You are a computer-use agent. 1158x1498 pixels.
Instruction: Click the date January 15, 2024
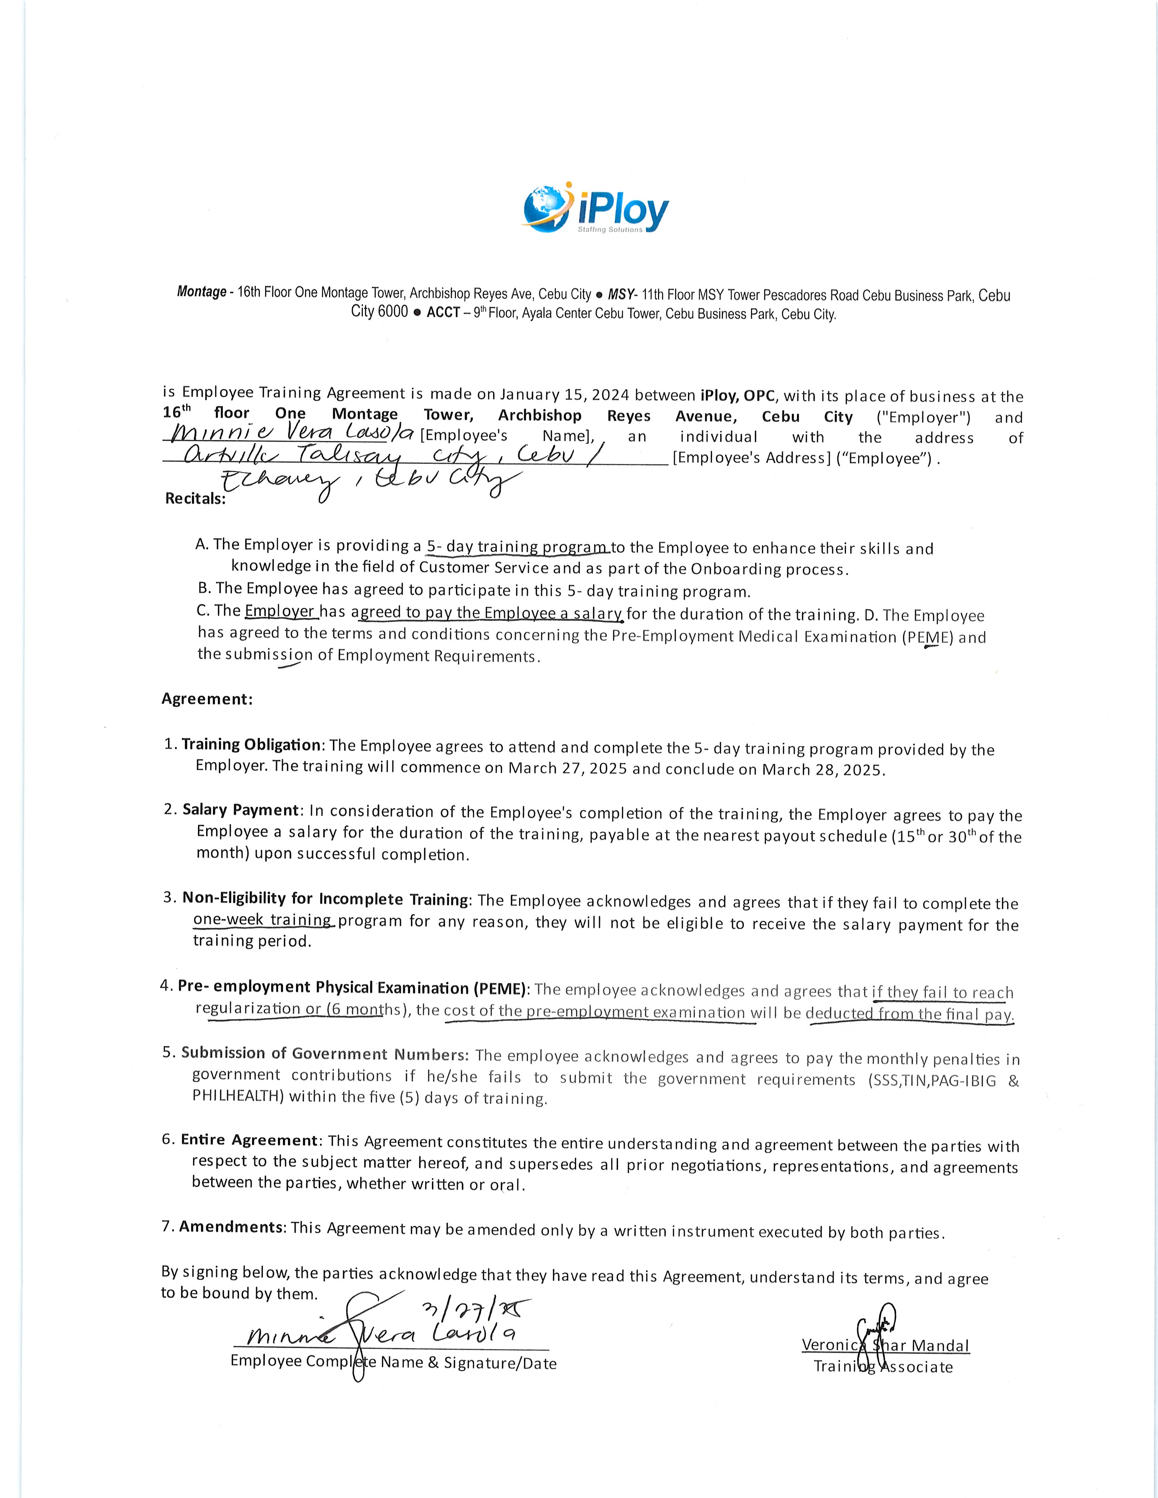564,394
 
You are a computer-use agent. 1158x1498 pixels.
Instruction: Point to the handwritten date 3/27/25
473,1310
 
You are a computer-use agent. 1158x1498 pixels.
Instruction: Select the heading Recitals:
196,498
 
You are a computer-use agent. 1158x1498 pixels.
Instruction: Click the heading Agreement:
207,699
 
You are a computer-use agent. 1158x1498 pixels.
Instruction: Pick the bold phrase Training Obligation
251,745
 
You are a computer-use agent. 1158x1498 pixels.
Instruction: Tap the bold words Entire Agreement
249,1140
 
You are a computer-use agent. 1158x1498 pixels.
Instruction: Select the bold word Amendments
231,1227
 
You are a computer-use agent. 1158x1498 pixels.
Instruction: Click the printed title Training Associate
883,1367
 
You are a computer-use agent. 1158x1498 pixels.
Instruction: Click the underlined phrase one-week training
263,920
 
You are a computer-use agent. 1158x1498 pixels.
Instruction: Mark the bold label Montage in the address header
202,291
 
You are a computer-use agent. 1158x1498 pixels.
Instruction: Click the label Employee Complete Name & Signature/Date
393,1362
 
